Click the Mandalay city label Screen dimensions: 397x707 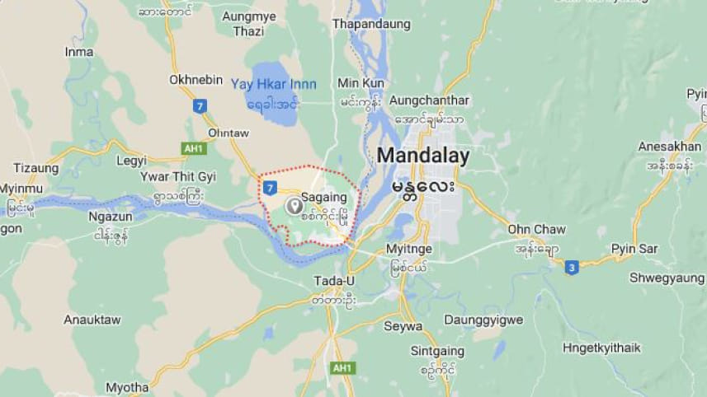coord(423,156)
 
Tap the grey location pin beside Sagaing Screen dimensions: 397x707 coord(293,207)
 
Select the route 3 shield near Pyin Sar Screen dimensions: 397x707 coord(572,267)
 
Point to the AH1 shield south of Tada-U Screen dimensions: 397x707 coord(340,368)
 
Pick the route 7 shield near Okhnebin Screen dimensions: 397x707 coord(200,105)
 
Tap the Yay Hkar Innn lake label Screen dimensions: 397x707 coord(273,84)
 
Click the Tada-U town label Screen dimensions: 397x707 coord(334,282)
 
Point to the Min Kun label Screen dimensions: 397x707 coord(361,83)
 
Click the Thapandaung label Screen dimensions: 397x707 coord(371,25)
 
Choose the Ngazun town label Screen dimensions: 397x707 coord(110,217)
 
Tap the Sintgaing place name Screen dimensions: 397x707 coord(437,350)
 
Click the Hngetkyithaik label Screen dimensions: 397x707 coord(601,348)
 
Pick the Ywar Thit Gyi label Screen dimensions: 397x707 coord(177,177)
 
